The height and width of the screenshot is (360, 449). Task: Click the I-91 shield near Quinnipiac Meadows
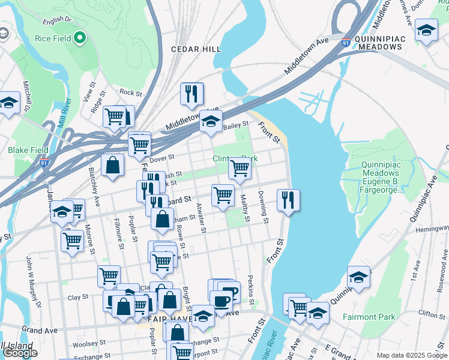tap(346, 43)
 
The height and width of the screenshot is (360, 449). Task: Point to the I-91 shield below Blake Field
tap(43, 162)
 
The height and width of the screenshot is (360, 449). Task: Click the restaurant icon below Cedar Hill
tap(191, 93)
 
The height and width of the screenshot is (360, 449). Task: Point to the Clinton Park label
tap(235, 159)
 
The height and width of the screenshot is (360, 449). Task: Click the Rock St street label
tap(130, 93)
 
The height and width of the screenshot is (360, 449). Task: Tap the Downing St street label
tap(262, 205)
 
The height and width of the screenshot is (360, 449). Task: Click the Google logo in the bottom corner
tap(20, 353)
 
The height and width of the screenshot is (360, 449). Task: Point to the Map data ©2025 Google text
tap(411, 355)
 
